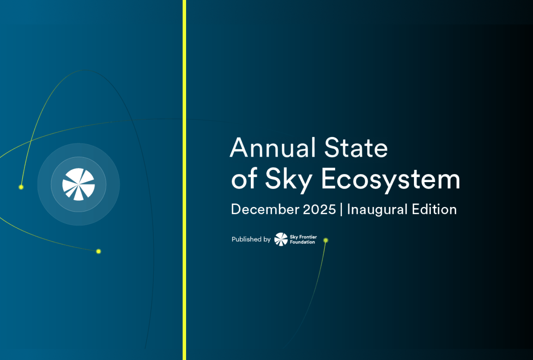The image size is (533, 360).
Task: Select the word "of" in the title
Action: (x=244, y=179)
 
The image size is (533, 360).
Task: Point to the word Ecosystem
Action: (x=391, y=179)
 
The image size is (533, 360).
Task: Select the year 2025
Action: (x=319, y=209)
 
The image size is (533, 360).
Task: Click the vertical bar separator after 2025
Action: (x=341, y=210)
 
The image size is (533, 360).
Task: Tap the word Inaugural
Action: (x=377, y=210)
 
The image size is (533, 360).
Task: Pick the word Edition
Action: (x=434, y=209)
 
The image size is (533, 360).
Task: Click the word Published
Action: (x=246, y=239)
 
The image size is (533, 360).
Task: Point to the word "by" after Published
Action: (x=267, y=239)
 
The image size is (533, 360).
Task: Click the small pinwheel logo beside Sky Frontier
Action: (x=281, y=239)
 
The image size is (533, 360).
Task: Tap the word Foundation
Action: (x=302, y=242)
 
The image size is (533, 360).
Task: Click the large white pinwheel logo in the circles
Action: (x=78, y=184)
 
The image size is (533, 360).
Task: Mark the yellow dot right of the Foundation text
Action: (x=326, y=240)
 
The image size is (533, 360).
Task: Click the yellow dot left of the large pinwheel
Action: (x=21, y=187)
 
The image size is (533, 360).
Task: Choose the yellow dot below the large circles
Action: (x=98, y=251)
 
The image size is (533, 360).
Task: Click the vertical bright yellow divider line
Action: (x=184, y=180)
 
